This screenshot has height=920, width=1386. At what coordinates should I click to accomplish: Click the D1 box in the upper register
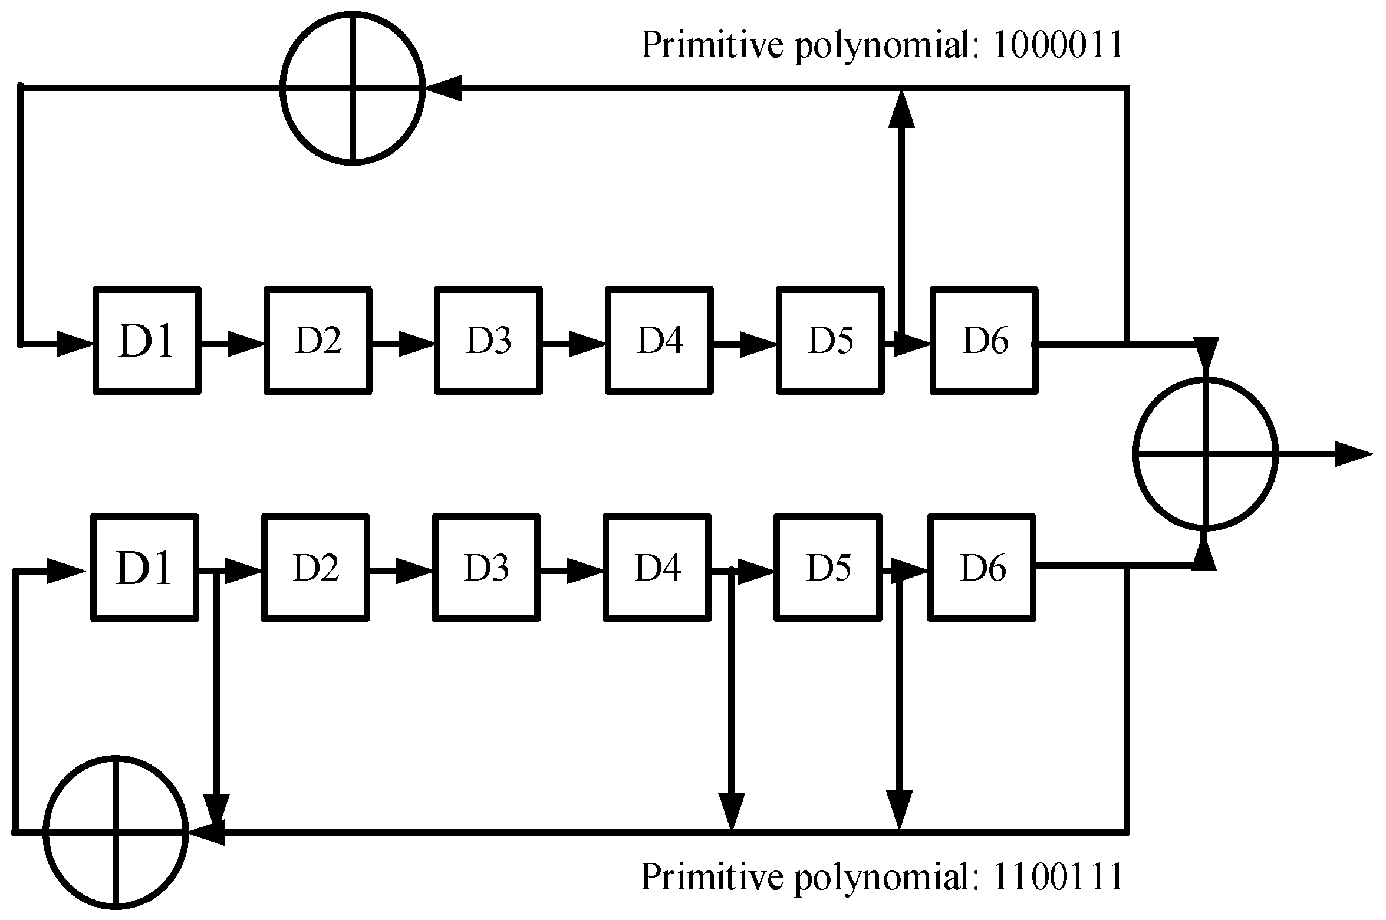147,341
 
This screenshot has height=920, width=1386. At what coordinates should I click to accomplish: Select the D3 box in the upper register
488,341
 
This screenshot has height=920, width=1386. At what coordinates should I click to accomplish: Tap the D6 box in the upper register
984,341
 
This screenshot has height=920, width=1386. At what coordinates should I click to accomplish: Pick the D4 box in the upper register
659,341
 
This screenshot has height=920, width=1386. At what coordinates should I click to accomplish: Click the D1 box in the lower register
144,568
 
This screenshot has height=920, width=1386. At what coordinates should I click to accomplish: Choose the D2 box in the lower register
315,568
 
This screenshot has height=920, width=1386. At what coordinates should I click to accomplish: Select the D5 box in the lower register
828,568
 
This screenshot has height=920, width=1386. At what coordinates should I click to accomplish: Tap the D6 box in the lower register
982,568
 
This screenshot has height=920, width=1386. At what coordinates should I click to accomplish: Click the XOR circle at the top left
353,87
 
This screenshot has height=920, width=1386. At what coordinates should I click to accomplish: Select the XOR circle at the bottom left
116,832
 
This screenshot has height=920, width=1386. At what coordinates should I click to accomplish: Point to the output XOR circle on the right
1206,453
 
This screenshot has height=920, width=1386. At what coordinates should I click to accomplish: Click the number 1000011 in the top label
1058,45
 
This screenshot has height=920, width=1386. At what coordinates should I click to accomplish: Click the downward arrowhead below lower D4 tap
732,811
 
